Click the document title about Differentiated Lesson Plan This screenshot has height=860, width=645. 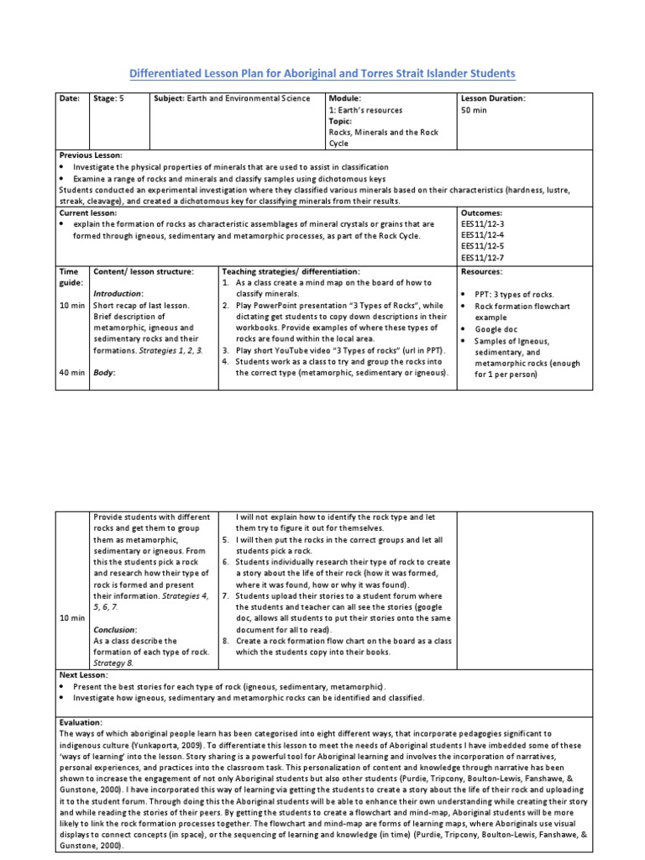point(322,74)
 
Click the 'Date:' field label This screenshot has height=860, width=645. point(69,98)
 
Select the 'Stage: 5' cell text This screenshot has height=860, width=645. point(109,98)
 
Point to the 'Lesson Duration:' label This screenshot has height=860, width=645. point(494,98)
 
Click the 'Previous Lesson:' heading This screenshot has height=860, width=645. point(91,155)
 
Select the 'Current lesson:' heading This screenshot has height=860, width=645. point(87,213)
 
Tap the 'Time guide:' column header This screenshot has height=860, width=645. point(71,277)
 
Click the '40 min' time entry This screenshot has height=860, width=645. point(72,372)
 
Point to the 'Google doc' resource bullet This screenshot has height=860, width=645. point(496,330)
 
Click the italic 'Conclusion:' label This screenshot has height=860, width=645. point(115,628)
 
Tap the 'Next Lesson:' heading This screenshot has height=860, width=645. point(84,674)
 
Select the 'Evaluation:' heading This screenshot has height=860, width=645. point(81,721)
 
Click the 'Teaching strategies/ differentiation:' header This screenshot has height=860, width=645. point(291,271)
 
